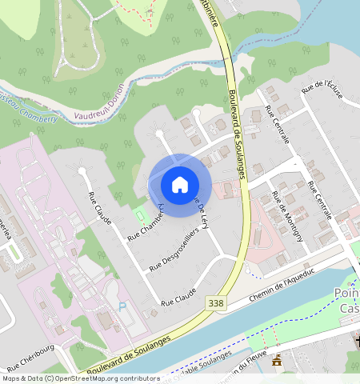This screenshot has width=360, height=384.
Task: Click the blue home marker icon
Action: [180, 185]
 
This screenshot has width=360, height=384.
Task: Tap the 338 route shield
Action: [215, 303]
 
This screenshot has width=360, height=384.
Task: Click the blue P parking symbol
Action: [122, 306]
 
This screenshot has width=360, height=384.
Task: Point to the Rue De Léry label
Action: [202, 214]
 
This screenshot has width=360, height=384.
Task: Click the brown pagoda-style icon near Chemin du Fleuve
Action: [277, 361]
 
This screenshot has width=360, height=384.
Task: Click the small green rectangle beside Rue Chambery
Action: [141, 214]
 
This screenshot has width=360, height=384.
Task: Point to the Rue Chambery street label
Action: [146, 222]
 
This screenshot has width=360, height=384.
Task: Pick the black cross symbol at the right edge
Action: [356, 342]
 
